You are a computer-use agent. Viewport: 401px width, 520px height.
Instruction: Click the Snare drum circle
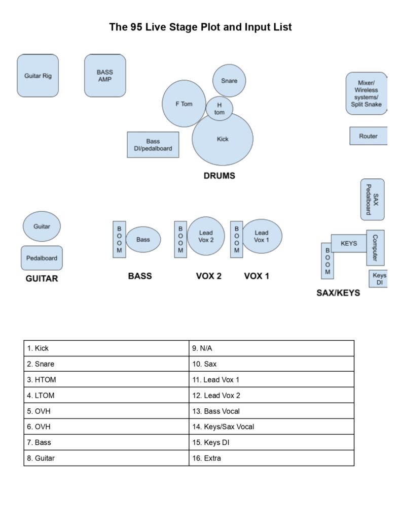point(229,81)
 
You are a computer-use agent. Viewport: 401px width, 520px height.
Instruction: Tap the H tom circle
point(220,108)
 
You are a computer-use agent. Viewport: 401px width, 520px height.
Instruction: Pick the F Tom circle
point(184,104)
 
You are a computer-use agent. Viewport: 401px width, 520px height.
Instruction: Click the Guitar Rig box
point(38,76)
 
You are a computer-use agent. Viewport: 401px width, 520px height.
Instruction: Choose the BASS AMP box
point(105,76)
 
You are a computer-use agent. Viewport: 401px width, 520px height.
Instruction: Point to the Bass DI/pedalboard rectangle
point(153,145)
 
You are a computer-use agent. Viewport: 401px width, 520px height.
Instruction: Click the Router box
point(369,136)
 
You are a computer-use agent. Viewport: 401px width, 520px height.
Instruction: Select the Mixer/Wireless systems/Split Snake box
point(367,93)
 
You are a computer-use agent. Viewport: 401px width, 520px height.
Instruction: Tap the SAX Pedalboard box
point(373,200)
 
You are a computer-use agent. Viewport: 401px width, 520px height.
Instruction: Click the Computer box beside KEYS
point(375,248)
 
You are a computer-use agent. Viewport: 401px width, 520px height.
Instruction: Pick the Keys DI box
point(379,279)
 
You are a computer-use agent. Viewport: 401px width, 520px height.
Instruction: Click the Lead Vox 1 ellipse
point(262,236)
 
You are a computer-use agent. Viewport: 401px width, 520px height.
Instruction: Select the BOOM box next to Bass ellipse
point(119,239)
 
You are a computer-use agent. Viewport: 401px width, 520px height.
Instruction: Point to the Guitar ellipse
point(42,226)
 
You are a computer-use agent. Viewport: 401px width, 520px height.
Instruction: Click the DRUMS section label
point(220,176)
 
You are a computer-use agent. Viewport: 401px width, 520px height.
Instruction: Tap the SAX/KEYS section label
point(338,293)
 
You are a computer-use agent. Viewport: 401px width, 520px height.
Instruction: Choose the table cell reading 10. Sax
point(271,364)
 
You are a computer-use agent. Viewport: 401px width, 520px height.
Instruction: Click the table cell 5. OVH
point(106,411)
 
